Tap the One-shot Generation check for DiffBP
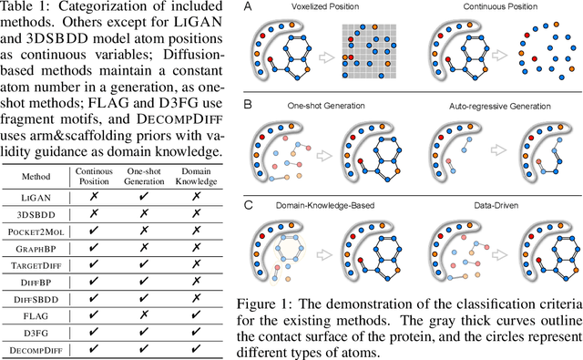[147, 289]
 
